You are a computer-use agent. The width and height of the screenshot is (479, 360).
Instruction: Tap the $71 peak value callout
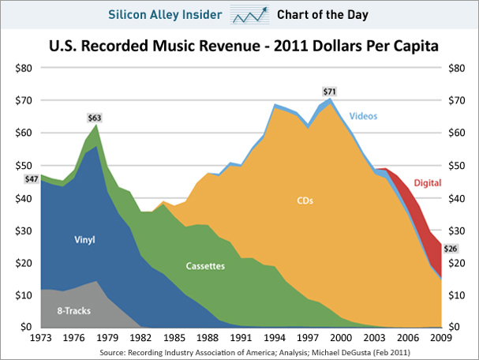coord(329,92)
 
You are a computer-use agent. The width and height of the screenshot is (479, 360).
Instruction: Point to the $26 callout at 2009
coord(451,249)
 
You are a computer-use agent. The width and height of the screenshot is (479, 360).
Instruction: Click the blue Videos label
coord(363,115)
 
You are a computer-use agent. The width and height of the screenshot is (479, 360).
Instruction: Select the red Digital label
coord(428,182)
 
